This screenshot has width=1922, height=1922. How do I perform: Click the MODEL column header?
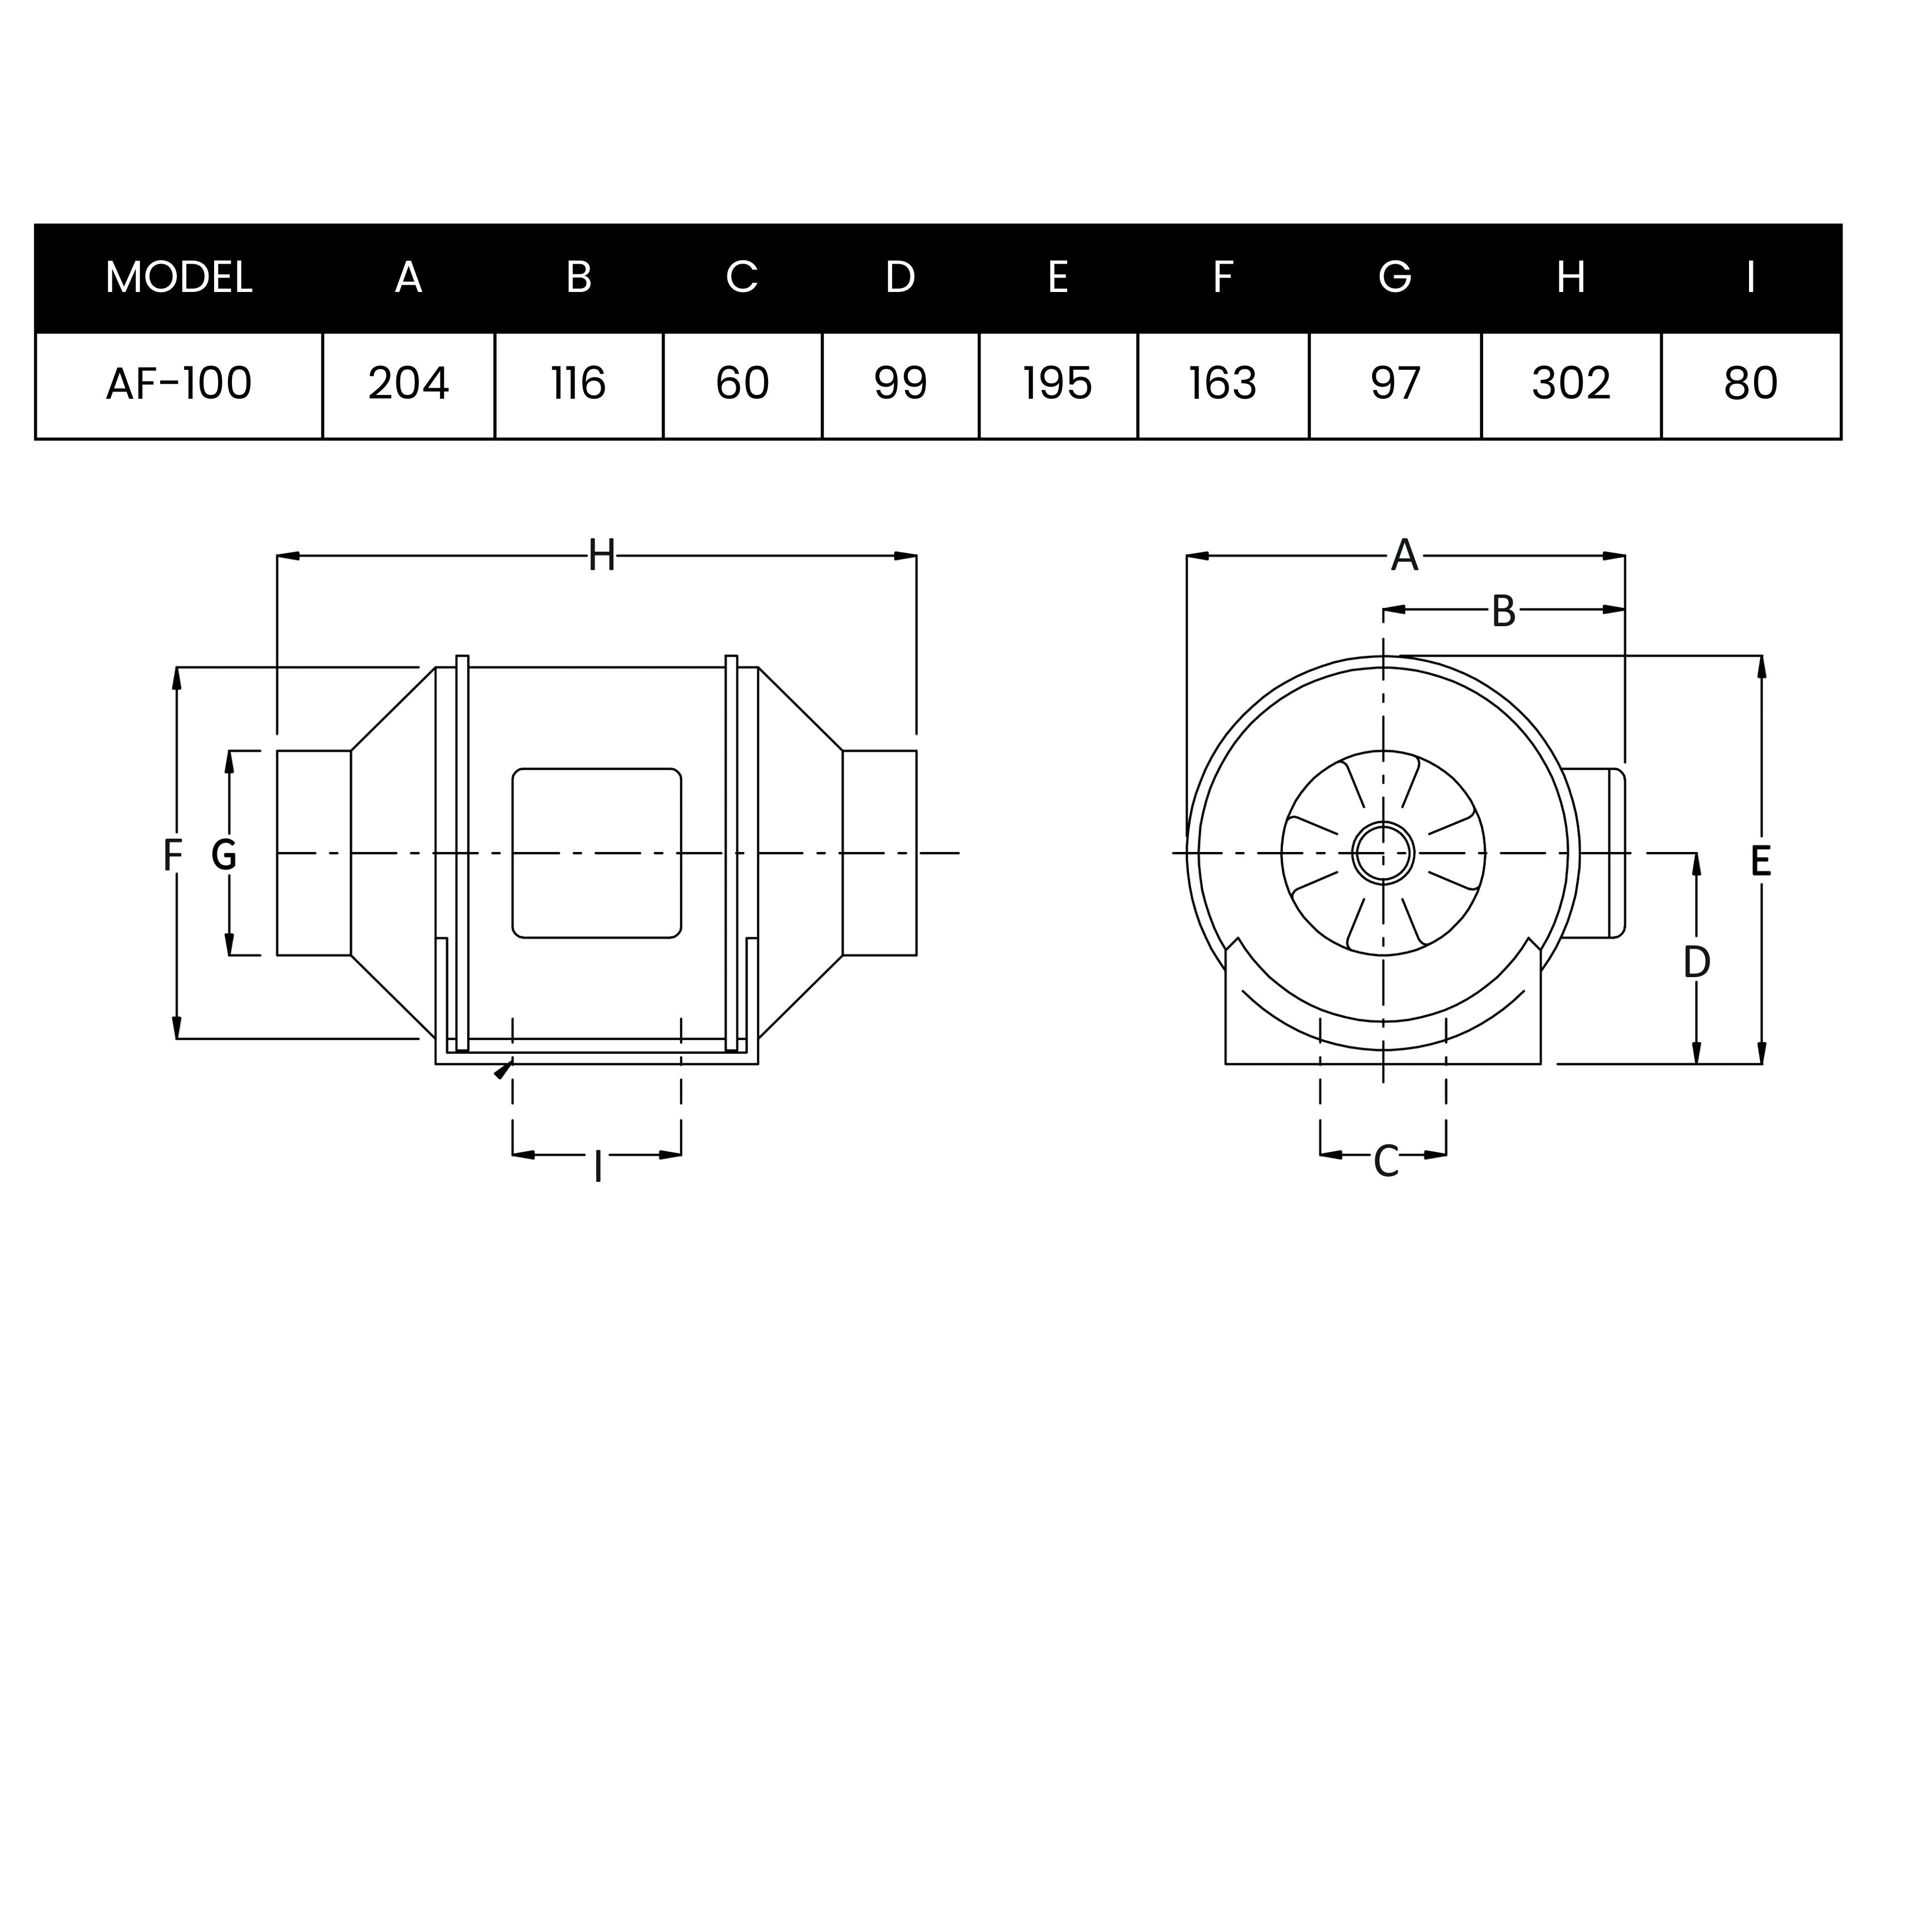pos(179,278)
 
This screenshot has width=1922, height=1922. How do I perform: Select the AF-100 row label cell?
pos(179,384)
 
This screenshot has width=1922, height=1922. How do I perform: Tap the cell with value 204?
pos(409,384)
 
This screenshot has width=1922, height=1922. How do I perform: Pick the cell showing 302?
pos(1571,384)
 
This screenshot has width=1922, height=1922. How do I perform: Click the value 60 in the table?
pos(742,384)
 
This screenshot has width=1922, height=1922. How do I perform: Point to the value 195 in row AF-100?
pos(1058,384)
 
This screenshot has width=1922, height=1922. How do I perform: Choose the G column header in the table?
pos(1395,278)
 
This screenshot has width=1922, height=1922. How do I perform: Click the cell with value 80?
pos(1751,384)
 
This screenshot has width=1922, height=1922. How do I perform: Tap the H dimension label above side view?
pos(601,556)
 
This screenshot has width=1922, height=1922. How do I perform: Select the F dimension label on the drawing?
pos(173,855)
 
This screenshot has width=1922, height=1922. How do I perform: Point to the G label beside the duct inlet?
pos(225,855)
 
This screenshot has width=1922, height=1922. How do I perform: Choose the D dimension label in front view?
pos(1696,962)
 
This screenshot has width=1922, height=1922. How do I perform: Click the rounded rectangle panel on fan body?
pos(597,853)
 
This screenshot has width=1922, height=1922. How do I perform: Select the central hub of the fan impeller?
pos(1383,853)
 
